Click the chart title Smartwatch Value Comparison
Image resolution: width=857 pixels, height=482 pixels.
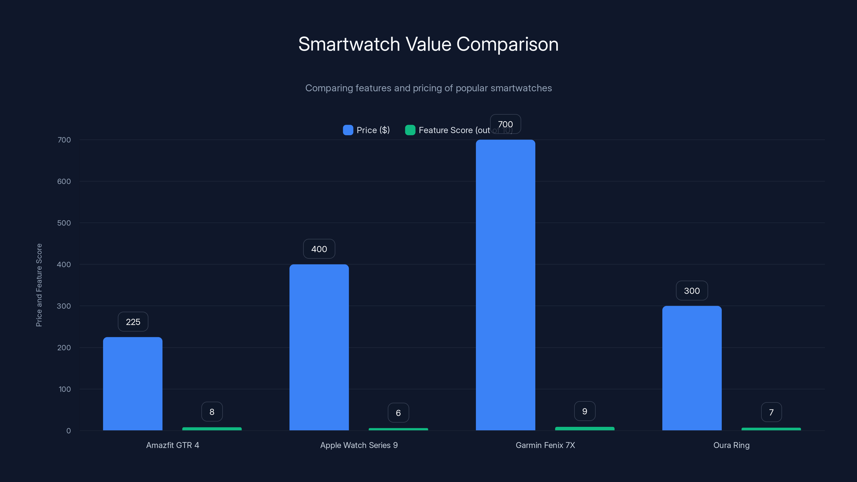(x=428, y=44)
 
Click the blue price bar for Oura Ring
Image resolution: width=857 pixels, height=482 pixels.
(x=692, y=368)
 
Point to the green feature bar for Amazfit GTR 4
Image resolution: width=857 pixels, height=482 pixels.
(x=212, y=429)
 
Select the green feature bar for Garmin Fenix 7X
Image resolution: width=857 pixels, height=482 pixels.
(x=585, y=428)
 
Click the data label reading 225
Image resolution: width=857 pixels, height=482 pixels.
(x=133, y=322)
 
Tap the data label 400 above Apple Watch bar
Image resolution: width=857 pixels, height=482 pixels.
(x=319, y=249)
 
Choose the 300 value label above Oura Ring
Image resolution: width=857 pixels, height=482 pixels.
(x=692, y=291)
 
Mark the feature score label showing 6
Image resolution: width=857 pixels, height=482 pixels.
(x=398, y=413)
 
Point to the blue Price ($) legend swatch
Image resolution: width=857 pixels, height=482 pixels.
(x=348, y=130)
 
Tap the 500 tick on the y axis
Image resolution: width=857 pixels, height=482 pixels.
(x=64, y=223)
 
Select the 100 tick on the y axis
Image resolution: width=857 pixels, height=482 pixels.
(x=65, y=389)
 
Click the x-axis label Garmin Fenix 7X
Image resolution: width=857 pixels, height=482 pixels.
(x=545, y=445)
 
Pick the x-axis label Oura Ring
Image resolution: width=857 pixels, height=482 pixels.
(x=731, y=445)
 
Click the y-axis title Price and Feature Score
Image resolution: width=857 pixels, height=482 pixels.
(x=39, y=285)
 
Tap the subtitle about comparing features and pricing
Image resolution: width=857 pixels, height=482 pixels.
(x=428, y=88)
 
